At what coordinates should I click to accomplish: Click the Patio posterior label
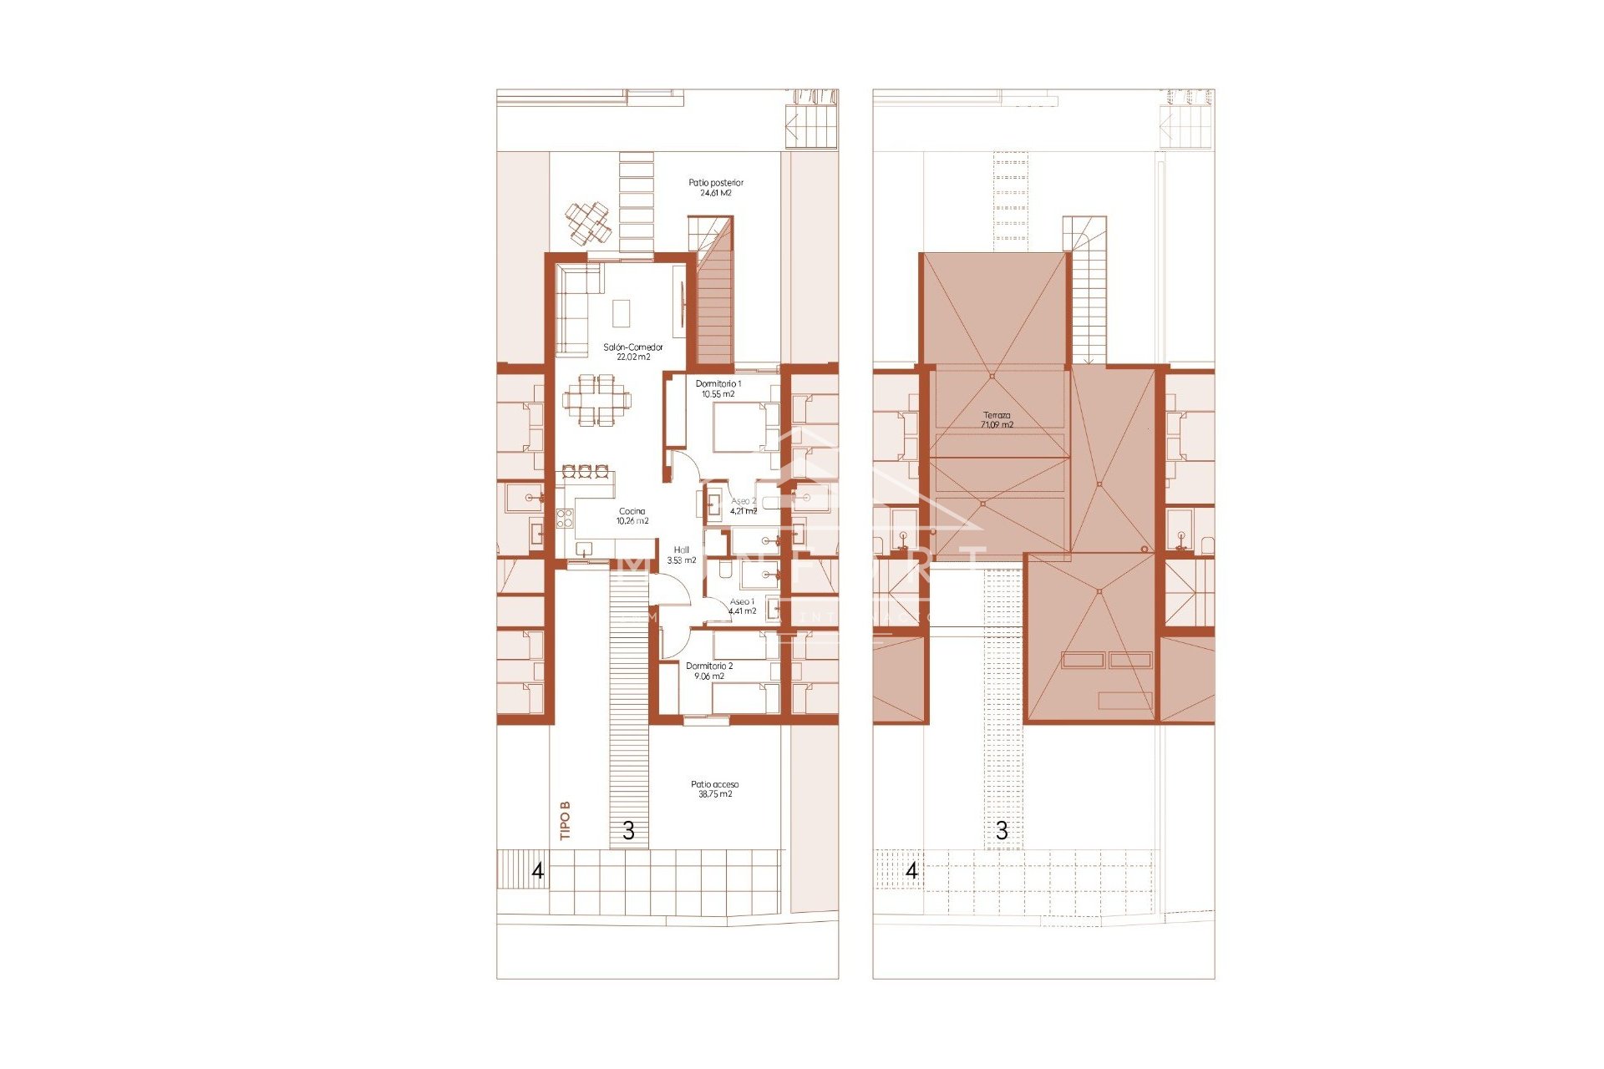(716, 188)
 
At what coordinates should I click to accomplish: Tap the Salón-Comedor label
(633, 352)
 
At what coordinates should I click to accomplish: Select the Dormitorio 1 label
(718, 388)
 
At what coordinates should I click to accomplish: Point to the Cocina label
(632, 516)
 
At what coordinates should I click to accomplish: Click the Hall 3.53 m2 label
(682, 555)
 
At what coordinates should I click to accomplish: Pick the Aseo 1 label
(742, 606)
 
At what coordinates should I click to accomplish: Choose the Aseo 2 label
(744, 506)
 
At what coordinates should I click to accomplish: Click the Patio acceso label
(715, 789)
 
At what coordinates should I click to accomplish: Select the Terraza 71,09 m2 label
(997, 420)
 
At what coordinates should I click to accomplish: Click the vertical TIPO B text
(566, 820)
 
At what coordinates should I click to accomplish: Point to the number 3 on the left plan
(628, 831)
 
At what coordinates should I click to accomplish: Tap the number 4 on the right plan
(911, 871)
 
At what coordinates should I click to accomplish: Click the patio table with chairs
(588, 221)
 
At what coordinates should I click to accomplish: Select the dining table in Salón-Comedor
(597, 400)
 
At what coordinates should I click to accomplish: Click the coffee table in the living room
(622, 314)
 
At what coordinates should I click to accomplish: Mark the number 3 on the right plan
(1002, 831)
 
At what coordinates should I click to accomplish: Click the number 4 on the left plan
(538, 871)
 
